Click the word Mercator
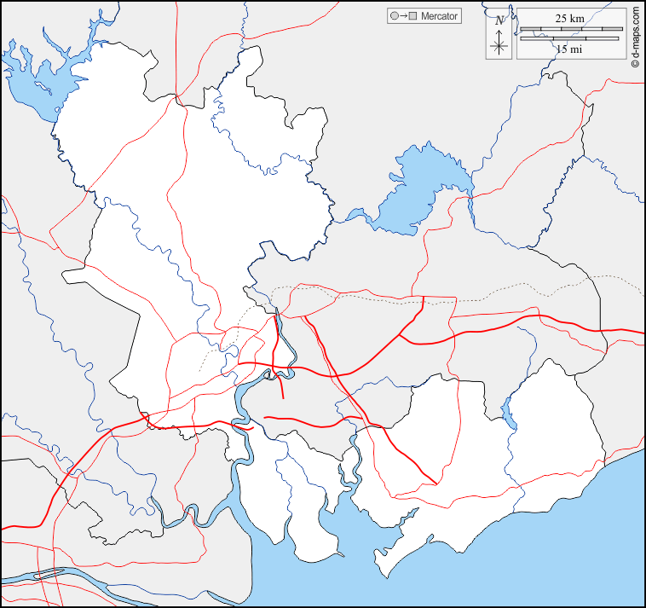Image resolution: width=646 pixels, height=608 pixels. tap(439, 16)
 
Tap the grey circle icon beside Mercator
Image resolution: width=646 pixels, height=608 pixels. tap(394, 16)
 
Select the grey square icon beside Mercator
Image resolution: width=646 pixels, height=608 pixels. tap(413, 16)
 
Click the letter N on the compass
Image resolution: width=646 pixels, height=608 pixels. tap(499, 20)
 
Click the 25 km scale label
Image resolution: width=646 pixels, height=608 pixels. tap(569, 18)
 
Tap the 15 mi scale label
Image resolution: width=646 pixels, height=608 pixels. tap(569, 49)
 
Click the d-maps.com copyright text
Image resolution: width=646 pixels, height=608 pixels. tap(636, 38)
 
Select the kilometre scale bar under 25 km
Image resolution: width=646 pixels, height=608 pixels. tap(569, 29)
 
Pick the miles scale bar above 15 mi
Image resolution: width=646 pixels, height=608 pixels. tap(569, 38)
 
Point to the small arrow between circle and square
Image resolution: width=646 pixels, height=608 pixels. tap(403, 16)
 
